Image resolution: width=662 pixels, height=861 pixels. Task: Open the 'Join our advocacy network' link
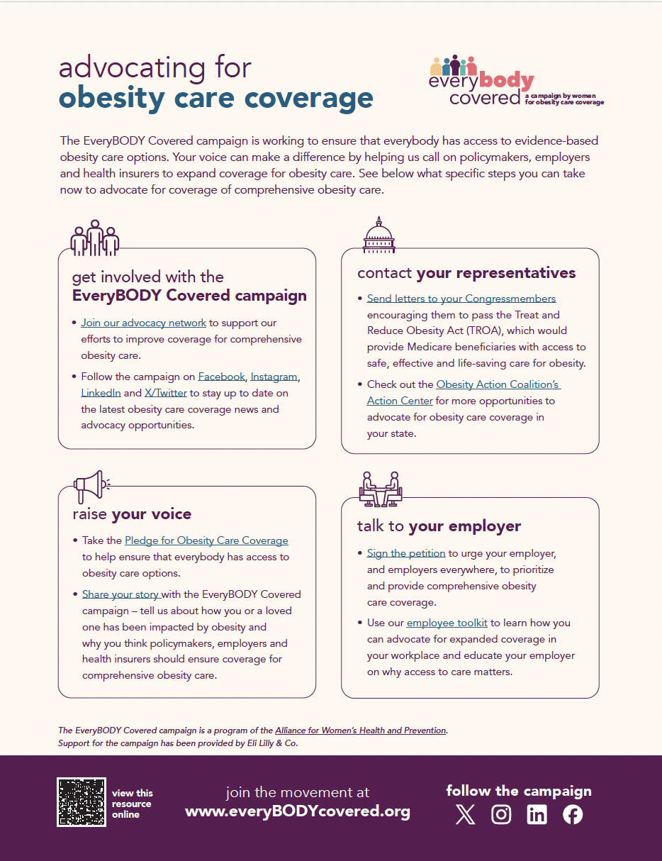[x=143, y=323]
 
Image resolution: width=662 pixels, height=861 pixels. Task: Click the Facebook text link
[x=221, y=377]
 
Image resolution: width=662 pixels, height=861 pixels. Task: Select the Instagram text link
[x=274, y=377]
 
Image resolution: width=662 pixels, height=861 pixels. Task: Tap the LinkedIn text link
[x=101, y=393]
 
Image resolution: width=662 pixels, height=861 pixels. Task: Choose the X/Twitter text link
[x=166, y=393]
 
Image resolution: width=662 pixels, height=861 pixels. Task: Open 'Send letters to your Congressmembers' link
[x=461, y=299]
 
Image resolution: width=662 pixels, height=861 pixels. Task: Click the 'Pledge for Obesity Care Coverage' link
[x=206, y=540]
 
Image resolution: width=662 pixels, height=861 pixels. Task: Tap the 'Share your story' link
[x=120, y=594]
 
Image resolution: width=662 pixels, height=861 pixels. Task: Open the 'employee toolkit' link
[x=447, y=623]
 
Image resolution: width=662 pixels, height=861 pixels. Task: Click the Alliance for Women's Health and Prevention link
[x=361, y=731]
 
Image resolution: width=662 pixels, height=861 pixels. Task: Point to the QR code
[x=81, y=802]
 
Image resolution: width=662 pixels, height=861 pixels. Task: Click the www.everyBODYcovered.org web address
[x=298, y=811]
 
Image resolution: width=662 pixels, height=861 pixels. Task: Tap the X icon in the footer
[x=466, y=815]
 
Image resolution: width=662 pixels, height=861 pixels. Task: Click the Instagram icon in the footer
[x=501, y=815]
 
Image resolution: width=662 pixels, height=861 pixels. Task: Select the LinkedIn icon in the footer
[x=537, y=815]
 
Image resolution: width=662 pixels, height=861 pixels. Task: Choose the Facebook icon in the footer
[x=573, y=815]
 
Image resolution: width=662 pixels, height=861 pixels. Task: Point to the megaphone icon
[x=90, y=486]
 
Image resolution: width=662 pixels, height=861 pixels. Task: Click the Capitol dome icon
[x=378, y=235]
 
